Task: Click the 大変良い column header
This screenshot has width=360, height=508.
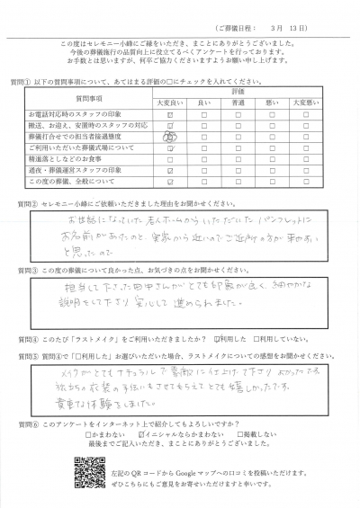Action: click(169, 102)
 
